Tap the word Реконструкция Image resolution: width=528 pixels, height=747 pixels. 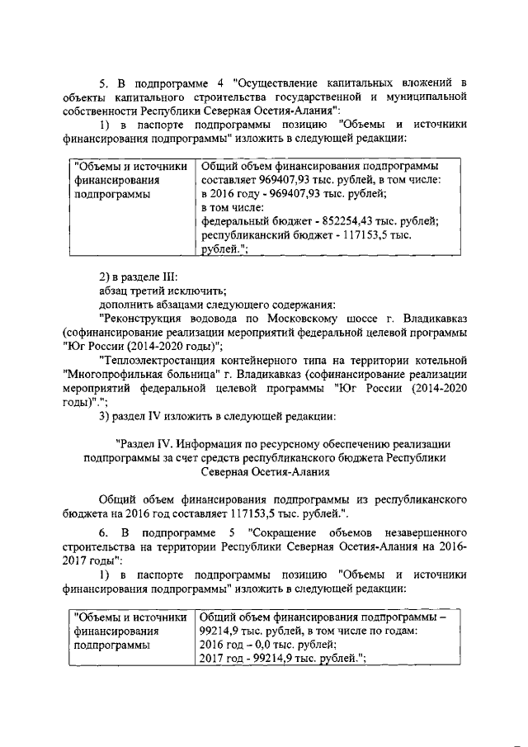coord(143,317)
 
